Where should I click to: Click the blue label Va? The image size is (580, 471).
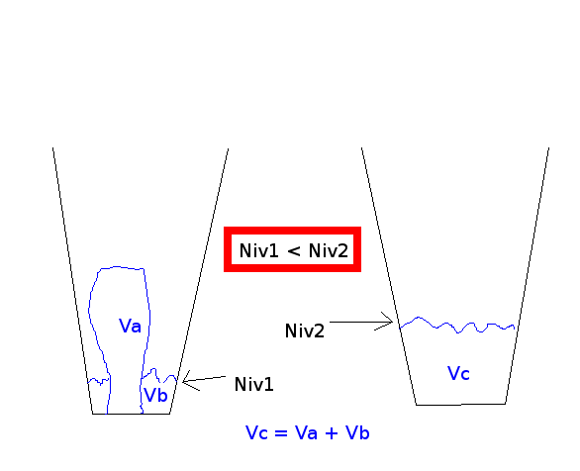coord(130,326)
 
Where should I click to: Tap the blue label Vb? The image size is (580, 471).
coord(155,395)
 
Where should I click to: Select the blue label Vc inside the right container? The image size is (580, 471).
coord(458,373)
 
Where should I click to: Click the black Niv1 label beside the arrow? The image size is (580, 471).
coord(254,384)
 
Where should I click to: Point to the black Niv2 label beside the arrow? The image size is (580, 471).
coord(305,330)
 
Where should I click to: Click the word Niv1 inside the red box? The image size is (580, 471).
coord(258,250)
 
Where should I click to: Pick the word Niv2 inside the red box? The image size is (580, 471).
coord(329,250)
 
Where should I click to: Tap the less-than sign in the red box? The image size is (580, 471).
coord(293,251)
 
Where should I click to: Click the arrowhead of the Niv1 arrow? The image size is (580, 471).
coord(183,382)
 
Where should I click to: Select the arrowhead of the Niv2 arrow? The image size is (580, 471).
coord(392,322)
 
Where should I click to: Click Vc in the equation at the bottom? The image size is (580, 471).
coord(256,432)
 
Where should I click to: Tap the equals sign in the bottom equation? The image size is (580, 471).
coord(281,433)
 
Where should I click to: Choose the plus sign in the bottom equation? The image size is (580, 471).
coord(332,433)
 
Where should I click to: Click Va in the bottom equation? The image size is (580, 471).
coord(306,432)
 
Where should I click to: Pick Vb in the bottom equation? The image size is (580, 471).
coord(357,432)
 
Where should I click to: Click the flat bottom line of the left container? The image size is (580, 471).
coord(131,414)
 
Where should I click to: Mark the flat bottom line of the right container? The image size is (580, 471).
coord(461,405)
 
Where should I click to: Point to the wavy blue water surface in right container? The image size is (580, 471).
coord(457,326)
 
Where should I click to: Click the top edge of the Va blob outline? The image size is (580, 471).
coord(122,267)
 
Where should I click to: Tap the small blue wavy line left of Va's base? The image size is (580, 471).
coord(99,381)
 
